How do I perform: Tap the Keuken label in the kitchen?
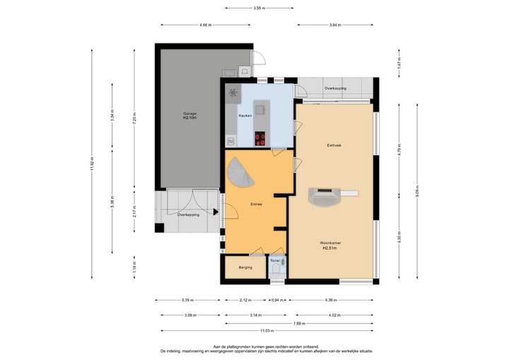(245, 115)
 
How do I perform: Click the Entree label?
(256, 204)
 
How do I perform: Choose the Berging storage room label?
(245, 267)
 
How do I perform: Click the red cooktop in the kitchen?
(260, 139)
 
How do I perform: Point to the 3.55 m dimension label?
(259, 8)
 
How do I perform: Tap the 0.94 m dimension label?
(279, 299)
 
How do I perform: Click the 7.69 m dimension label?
(299, 323)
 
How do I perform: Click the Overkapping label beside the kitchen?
(335, 88)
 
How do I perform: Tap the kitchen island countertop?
(261, 109)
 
